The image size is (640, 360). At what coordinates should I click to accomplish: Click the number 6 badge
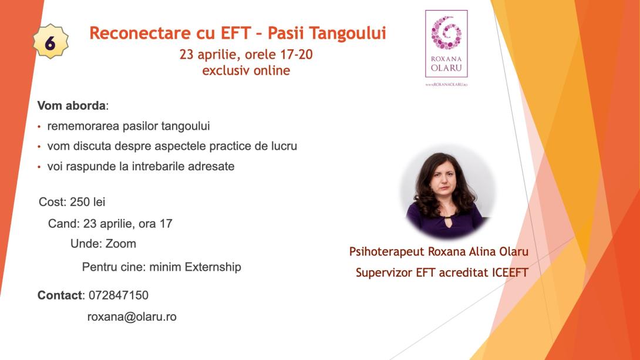tap(50, 42)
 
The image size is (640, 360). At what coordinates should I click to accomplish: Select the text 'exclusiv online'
tap(246, 70)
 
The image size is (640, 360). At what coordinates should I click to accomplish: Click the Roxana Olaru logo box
tap(446, 44)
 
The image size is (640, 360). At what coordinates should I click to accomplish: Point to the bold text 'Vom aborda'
tap(72, 106)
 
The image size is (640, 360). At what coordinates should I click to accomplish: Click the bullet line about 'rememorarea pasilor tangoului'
tap(128, 126)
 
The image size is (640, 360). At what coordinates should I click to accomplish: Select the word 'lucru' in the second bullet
tap(282, 146)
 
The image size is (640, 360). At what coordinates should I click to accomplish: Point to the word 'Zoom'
tap(121, 243)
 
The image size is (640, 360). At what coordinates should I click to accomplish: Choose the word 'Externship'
tap(213, 267)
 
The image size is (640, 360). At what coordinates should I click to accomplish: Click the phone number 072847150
tap(118, 295)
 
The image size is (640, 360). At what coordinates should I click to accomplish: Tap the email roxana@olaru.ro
tap(132, 317)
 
